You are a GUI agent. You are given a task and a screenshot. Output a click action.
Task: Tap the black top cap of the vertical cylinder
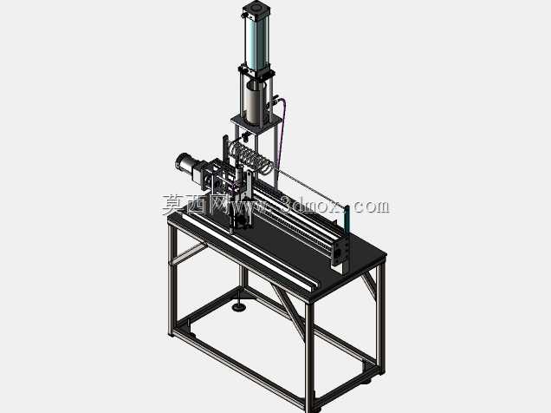(x=257, y=8)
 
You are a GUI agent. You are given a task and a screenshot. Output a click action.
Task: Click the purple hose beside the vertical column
(x=282, y=134)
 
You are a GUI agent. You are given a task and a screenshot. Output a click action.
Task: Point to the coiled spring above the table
(x=250, y=157)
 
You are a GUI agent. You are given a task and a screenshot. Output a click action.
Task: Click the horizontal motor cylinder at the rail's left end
(x=186, y=165)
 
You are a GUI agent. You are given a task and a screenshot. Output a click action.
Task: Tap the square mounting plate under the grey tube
(x=256, y=123)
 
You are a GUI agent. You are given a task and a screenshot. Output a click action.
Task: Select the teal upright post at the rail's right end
(x=347, y=221)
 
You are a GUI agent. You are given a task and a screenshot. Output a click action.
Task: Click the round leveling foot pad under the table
(x=240, y=307)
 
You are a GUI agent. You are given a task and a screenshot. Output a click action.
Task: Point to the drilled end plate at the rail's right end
(x=340, y=251)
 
